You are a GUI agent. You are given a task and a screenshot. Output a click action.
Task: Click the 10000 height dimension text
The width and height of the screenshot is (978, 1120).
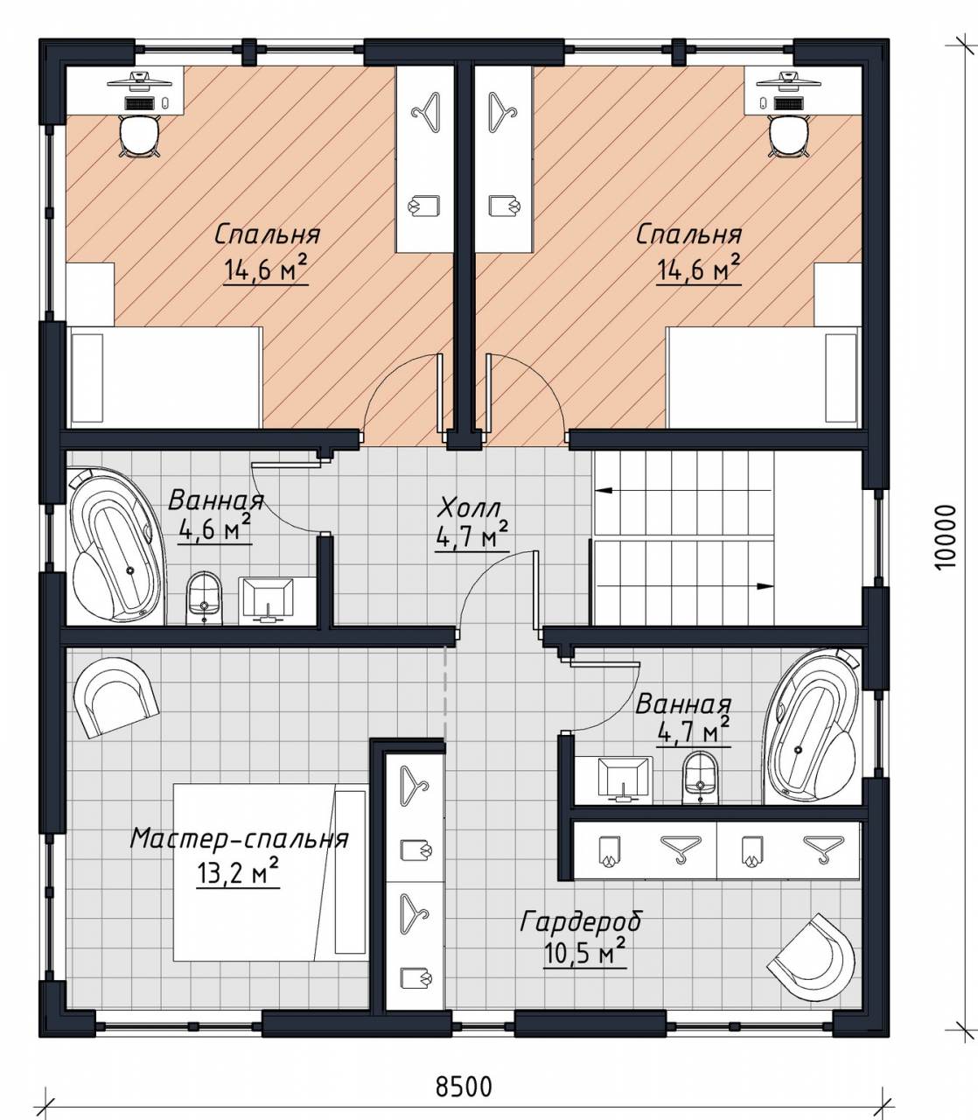[x=945, y=537]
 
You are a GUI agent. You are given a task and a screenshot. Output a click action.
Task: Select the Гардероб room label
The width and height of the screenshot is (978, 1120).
[x=581, y=922]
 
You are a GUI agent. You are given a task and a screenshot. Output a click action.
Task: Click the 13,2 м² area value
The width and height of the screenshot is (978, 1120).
[x=238, y=871]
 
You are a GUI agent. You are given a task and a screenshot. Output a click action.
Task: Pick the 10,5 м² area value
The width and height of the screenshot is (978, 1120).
[x=585, y=954]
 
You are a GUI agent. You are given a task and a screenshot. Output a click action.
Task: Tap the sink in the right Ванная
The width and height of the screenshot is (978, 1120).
[x=625, y=780]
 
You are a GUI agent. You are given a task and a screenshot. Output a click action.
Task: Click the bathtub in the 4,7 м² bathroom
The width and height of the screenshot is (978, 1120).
[x=812, y=726]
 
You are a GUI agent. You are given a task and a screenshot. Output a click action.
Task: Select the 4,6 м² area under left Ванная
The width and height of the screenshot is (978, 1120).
[x=214, y=528]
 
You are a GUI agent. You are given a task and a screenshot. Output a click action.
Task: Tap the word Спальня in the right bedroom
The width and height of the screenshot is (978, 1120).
[x=689, y=234]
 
